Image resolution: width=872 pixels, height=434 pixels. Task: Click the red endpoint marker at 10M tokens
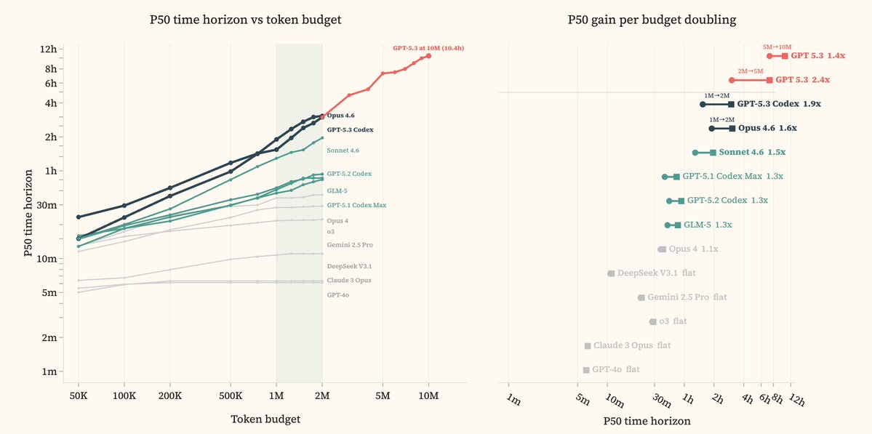pyautogui.click(x=429, y=55)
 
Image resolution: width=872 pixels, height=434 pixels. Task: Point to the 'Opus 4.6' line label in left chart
pyautogui.click(x=342, y=116)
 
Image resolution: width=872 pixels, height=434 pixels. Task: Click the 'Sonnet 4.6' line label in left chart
pyautogui.click(x=343, y=150)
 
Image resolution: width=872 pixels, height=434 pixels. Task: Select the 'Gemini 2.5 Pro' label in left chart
pyautogui.click(x=350, y=245)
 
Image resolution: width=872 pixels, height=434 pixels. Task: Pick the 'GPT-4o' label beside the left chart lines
pyautogui.click(x=338, y=294)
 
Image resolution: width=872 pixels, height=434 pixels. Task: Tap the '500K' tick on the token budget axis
pyautogui.click(x=231, y=395)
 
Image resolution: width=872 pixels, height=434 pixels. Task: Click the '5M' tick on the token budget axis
pyautogui.click(x=383, y=395)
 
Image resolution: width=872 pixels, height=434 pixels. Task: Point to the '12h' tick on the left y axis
pyautogui.click(x=49, y=49)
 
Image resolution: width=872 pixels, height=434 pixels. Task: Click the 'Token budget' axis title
pyautogui.click(x=265, y=419)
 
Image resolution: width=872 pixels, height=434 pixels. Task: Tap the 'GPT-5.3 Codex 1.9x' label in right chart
pyautogui.click(x=779, y=104)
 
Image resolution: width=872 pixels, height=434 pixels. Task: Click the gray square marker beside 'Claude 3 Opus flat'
pyautogui.click(x=587, y=345)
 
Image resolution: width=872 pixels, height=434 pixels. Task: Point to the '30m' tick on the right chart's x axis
pyautogui.click(x=660, y=401)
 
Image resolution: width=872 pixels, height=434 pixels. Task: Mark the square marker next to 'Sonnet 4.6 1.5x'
pyautogui.click(x=713, y=153)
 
